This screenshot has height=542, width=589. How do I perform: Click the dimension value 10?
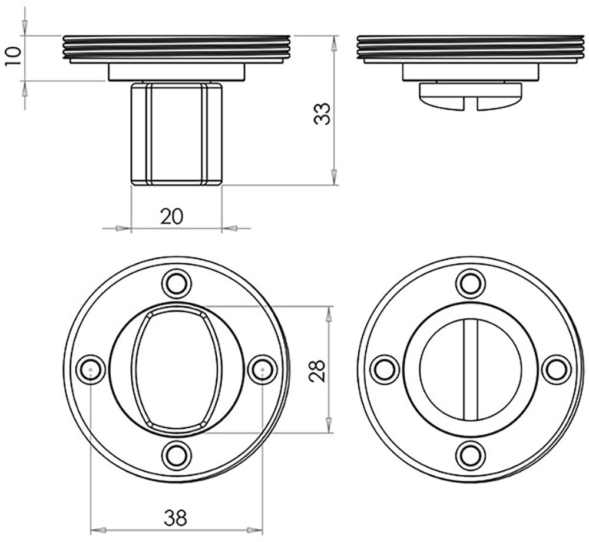(x=14, y=57)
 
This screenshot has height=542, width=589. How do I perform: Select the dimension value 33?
(x=322, y=114)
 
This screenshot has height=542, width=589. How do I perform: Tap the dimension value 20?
(x=171, y=216)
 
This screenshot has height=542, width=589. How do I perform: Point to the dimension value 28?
(x=317, y=371)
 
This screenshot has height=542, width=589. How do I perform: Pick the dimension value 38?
(x=175, y=518)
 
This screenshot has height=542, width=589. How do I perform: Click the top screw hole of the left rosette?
(x=176, y=284)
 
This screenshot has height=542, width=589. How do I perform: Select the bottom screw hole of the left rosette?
(x=176, y=455)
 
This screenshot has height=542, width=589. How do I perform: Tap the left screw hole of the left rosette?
(x=91, y=369)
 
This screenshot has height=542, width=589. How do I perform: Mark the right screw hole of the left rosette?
(x=262, y=369)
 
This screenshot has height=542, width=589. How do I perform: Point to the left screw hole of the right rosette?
(x=385, y=369)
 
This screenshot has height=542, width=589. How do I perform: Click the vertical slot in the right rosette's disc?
(x=471, y=370)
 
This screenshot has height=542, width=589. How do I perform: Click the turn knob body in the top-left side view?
(x=176, y=134)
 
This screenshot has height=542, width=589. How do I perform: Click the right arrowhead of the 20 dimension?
(x=230, y=228)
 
